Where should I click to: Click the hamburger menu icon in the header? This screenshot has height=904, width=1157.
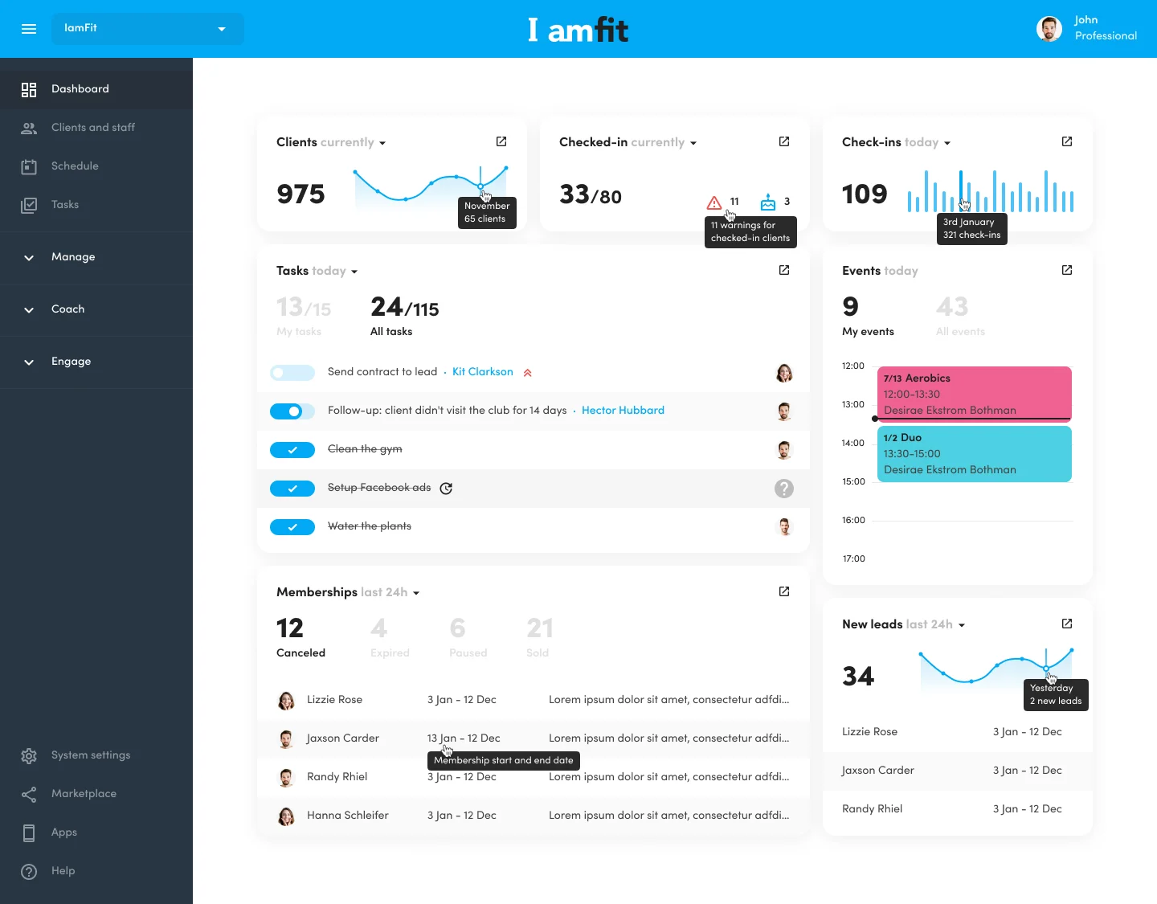point(29,29)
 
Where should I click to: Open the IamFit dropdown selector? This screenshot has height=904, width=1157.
point(147,29)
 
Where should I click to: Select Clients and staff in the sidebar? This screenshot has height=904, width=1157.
point(92,128)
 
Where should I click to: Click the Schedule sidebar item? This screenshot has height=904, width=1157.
point(75,166)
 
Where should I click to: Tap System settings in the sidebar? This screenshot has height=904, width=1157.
point(90,755)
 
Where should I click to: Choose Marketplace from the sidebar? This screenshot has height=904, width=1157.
point(84,794)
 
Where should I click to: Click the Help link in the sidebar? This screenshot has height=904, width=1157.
point(63,871)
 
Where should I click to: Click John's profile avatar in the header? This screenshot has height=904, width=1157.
point(1049,29)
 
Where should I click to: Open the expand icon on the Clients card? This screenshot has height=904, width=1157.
point(501,141)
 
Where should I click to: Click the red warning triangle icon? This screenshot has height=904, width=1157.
point(713,202)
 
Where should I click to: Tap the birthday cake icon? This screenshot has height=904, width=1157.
point(768,202)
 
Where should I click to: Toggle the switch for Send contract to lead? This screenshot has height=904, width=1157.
point(292,373)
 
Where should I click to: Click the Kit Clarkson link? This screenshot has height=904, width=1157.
point(482,372)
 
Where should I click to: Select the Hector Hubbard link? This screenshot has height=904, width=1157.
point(623,411)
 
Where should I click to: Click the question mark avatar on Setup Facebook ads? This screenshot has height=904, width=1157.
point(784,489)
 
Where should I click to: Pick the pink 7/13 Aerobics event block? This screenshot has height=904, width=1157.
point(974,394)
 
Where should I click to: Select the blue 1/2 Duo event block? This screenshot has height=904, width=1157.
point(974,454)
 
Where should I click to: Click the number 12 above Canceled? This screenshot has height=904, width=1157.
point(290,628)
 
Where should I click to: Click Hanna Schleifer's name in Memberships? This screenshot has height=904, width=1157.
point(347,816)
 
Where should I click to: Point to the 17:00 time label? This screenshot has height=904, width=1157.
point(853,559)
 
